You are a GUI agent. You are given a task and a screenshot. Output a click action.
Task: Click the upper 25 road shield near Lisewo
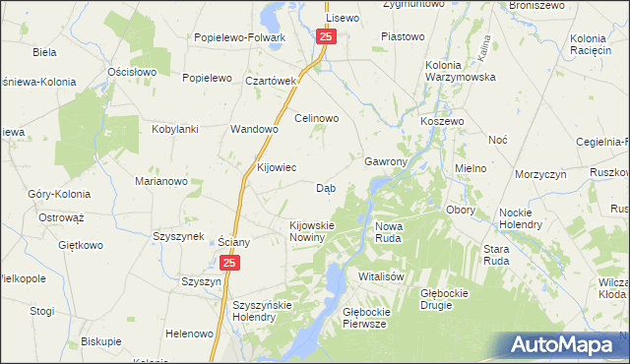(x=327, y=36)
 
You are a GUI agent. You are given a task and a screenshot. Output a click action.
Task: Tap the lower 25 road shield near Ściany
(x=229, y=264)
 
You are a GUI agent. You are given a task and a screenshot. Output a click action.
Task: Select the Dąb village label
(x=326, y=188)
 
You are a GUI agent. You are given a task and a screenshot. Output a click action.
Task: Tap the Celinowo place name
(x=318, y=118)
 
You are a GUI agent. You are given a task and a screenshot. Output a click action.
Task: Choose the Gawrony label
(x=386, y=160)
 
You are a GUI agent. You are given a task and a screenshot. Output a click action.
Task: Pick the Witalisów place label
(x=382, y=276)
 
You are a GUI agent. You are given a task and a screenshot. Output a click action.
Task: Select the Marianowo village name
(x=161, y=181)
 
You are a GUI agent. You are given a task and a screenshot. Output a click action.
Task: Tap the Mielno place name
(x=471, y=168)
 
